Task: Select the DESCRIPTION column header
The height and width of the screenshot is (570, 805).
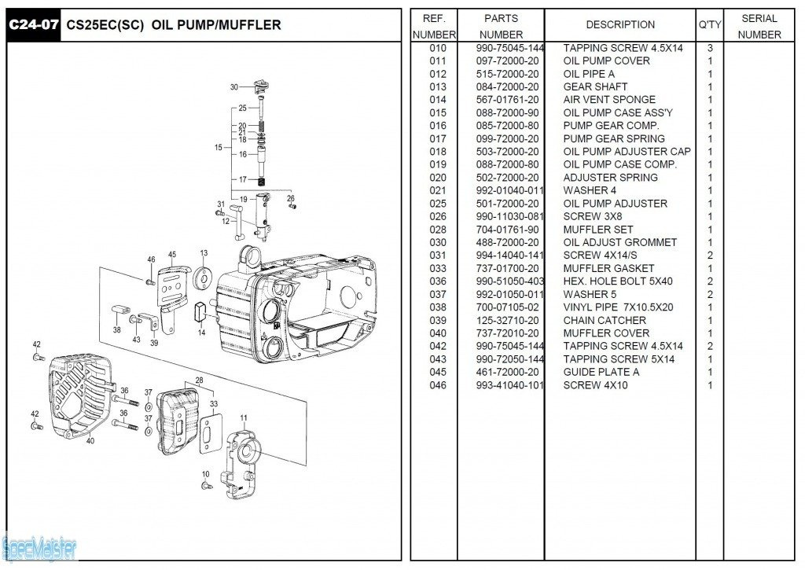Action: click(x=620, y=25)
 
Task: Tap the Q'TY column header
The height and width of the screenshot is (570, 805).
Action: click(x=710, y=25)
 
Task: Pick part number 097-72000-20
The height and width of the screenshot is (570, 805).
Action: click(x=508, y=61)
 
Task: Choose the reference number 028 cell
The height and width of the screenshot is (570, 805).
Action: click(x=438, y=230)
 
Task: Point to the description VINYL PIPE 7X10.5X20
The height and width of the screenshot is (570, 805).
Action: click(x=619, y=307)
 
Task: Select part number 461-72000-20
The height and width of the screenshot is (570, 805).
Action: click(x=508, y=372)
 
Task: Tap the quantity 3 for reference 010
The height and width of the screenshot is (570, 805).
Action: click(x=710, y=48)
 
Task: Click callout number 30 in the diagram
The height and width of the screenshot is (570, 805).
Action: click(x=233, y=87)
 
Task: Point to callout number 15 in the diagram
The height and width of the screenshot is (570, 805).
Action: click(x=218, y=147)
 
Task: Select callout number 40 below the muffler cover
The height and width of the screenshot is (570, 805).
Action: click(x=90, y=441)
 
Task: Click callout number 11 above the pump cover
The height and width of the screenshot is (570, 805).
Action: click(x=244, y=417)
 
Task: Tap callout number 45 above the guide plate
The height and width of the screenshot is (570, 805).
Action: click(x=172, y=255)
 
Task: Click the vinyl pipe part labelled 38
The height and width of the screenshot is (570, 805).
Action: click(x=118, y=308)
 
